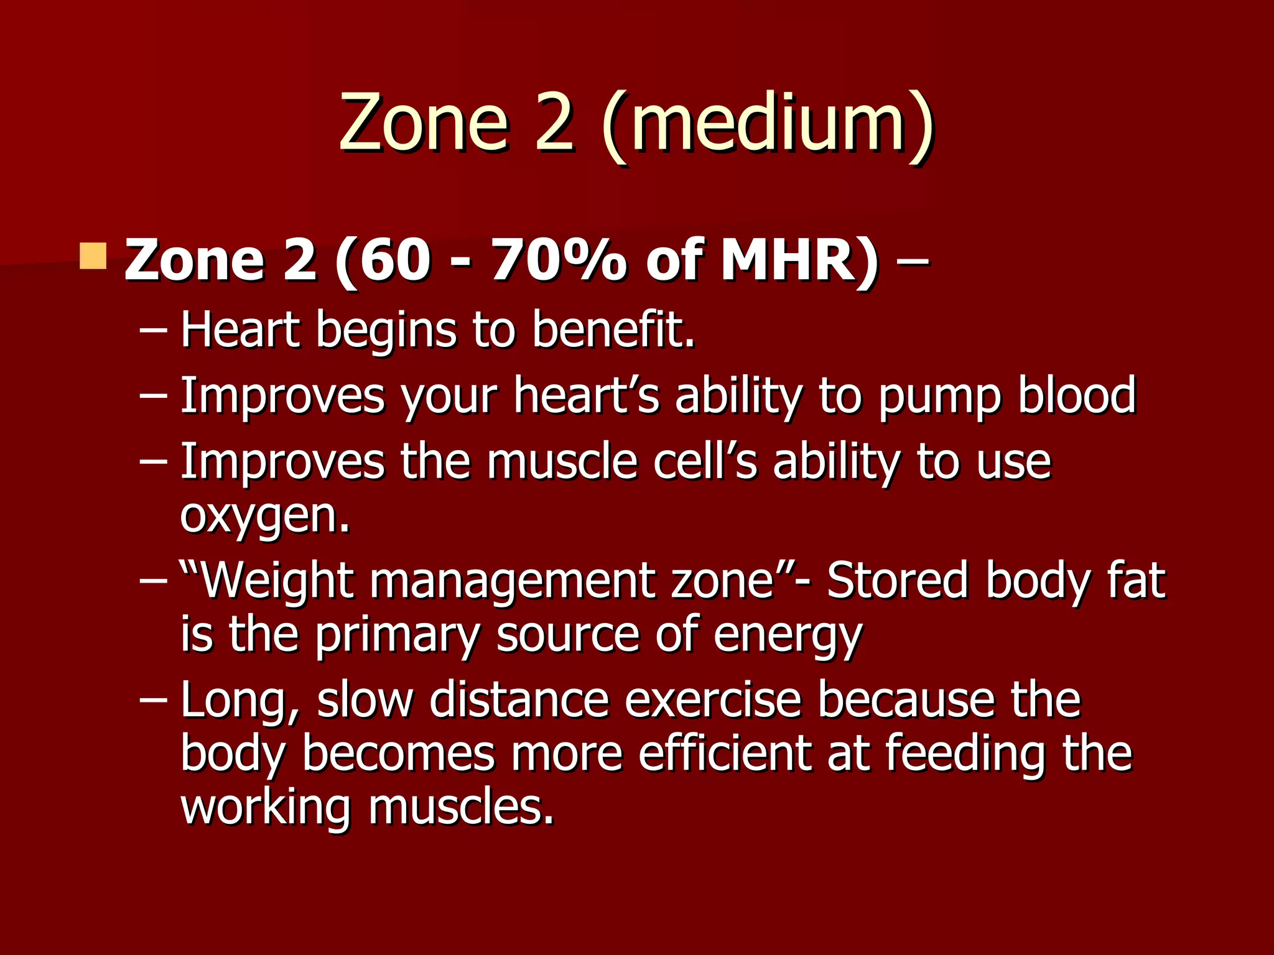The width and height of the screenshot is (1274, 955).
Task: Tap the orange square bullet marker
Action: pyautogui.click(x=93, y=256)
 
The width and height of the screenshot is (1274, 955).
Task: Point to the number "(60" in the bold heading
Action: pyautogui.click(x=382, y=261)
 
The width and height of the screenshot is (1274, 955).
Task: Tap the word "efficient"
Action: pyautogui.click(x=725, y=753)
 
